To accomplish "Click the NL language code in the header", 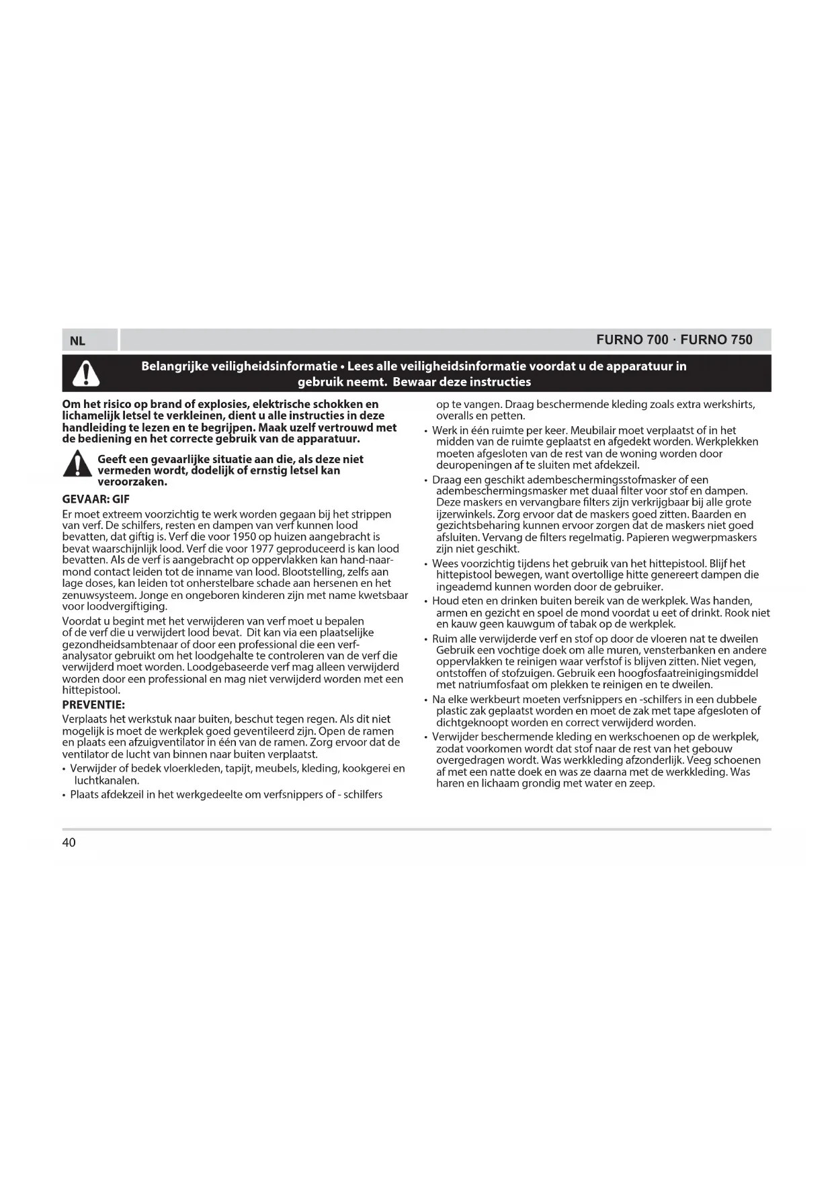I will (77, 341).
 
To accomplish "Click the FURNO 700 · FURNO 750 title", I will (674, 340).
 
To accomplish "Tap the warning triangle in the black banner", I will (86, 374).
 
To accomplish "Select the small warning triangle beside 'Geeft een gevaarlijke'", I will (77, 464).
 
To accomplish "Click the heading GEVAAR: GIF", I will (95, 499).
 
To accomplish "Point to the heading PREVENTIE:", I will (93, 705).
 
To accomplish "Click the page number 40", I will (69, 843).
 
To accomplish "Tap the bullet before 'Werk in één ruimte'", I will (425, 432).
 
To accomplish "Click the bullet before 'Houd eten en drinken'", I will (425, 602).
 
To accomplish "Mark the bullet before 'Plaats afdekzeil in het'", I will (64, 795).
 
